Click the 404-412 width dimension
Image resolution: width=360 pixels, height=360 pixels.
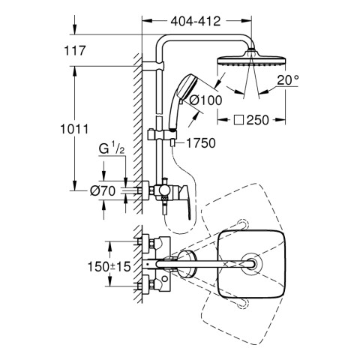tap(196, 22)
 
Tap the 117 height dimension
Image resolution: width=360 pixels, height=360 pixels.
tap(75, 51)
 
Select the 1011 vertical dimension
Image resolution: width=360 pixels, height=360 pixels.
tap(74, 129)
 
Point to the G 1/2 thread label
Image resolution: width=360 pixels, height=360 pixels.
tap(112, 148)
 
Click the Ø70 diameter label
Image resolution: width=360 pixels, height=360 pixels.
tap(103, 191)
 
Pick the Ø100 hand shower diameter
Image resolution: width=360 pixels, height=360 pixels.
tap(205, 100)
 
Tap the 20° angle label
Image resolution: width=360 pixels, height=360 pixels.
tap(287, 80)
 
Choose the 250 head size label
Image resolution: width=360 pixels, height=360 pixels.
tap(257, 120)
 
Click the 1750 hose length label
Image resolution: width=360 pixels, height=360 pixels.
tap(201, 143)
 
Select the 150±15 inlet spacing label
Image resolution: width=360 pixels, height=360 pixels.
tap(109, 266)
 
